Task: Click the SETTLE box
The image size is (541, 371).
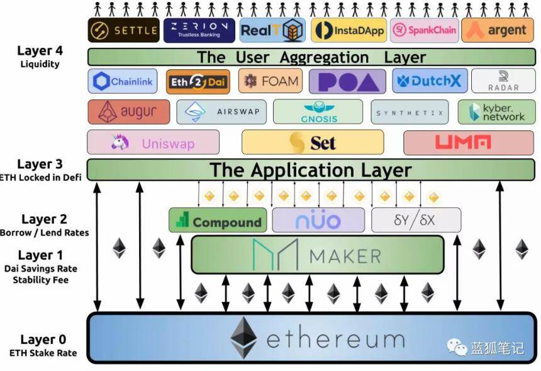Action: (x=123, y=30)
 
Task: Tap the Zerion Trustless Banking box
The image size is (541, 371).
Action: (x=199, y=30)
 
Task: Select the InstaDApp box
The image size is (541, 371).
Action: (x=349, y=30)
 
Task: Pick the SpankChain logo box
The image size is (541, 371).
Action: (x=425, y=30)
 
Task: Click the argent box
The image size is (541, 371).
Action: (x=498, y=30)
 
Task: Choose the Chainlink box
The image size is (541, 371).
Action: (x=123, y=81)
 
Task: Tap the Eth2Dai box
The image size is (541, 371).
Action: (x=198, y=82)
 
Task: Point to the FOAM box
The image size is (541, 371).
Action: (x=270, y=81)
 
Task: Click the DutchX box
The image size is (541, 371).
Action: (x=430, y=81)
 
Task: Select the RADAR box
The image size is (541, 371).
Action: (x=503, y=81)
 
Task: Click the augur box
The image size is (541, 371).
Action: (x=129, y=112)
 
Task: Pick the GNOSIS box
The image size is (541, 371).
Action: (x=318, y=111)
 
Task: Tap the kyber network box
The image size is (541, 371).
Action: (x=497, y=112)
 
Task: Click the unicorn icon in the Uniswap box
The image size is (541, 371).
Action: (x=120, y=142)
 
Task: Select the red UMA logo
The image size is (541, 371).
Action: (x=462, y=142)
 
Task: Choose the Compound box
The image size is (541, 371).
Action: (x=218, y=220)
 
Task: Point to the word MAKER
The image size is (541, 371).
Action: (x=345, y=256)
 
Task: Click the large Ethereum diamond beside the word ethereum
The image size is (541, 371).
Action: (x=243, y=338)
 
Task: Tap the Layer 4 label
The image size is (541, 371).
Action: (x=40, y=51)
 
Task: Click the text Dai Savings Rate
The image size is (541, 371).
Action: (x=41, y=268)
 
